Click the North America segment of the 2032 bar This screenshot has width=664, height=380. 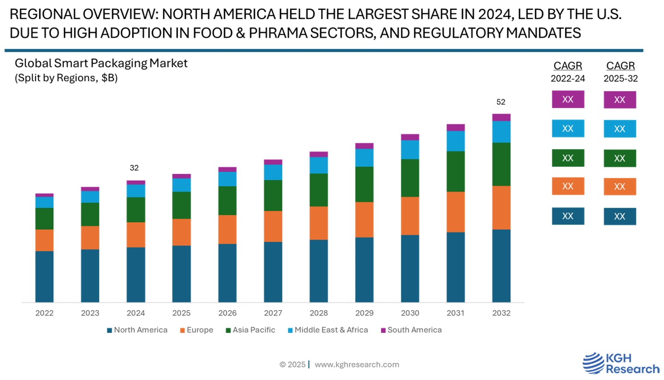[x=501, y=266]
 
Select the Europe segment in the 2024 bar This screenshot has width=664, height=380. [x=136, y=234]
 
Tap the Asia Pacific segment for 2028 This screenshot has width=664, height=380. [x=319, y=190]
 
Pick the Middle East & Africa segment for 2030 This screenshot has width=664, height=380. [x=410, y=150]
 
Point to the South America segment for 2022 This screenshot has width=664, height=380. [x=45, y=195]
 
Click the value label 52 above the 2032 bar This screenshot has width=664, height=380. [x=501, y=102]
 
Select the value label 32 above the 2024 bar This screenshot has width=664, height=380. [x=134, y=168]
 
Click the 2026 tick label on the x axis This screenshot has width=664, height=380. [x=227, y=313]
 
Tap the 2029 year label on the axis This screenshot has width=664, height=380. [x=364, y=313]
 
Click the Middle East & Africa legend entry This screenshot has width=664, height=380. [x=328, y=330]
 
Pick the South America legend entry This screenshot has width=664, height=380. [x=411, y=330]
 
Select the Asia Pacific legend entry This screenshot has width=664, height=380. [x=251, y=330]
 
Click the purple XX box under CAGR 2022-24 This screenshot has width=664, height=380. [x=568, y=99]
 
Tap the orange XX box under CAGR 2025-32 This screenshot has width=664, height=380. [x=619, y=186]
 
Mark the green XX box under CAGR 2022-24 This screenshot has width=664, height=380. [x=568, y=158]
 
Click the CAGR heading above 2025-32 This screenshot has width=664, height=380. [x=620, y=66]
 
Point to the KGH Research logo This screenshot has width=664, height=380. [x=621, y=363]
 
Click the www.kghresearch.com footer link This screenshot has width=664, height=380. [x=357, y=364]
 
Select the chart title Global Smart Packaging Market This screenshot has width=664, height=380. [x=101, y=63]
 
